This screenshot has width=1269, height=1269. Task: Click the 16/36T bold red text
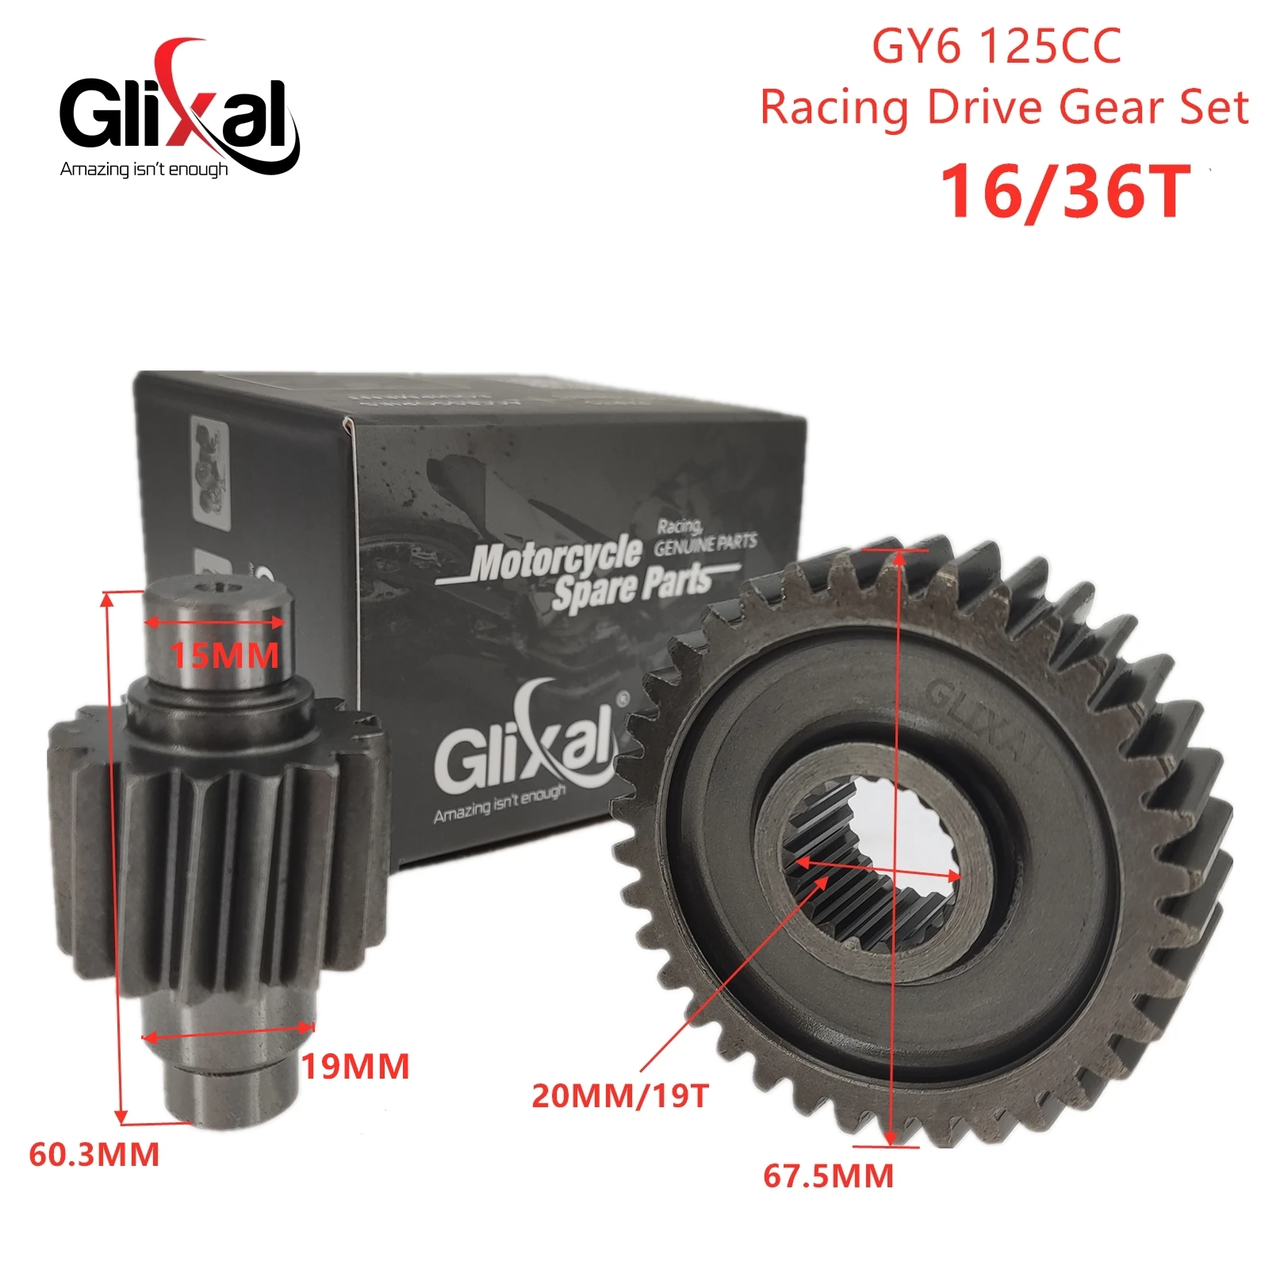tap(1065, 191)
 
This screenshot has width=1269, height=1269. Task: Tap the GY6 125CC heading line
tap(996, 47)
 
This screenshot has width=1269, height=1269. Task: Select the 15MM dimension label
tap(225, 656)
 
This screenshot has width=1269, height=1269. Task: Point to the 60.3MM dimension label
tap(94, 1154)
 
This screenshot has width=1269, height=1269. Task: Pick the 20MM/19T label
tap(620, 1095)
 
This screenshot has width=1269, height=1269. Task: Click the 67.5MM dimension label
tap(828, 1175)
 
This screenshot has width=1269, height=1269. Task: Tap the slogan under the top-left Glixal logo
tap(144, 169)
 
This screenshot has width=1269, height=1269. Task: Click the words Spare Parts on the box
tap(632, 588)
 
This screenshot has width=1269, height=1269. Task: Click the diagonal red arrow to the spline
tap(730, 976)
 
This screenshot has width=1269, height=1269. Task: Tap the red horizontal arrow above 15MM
tap(214, 623)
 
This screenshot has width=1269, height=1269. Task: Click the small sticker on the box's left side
tap(210, 476)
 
